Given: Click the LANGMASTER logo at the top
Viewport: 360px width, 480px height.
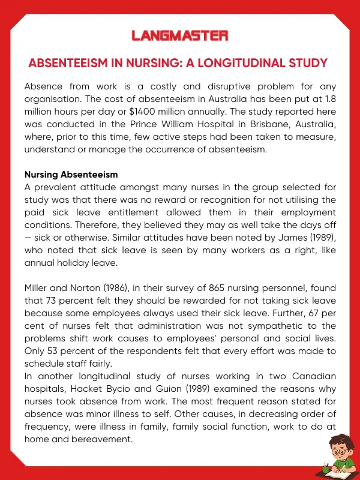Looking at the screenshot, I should pos(180,36).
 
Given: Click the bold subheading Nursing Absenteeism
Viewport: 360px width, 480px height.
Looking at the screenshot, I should pos(71,175).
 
